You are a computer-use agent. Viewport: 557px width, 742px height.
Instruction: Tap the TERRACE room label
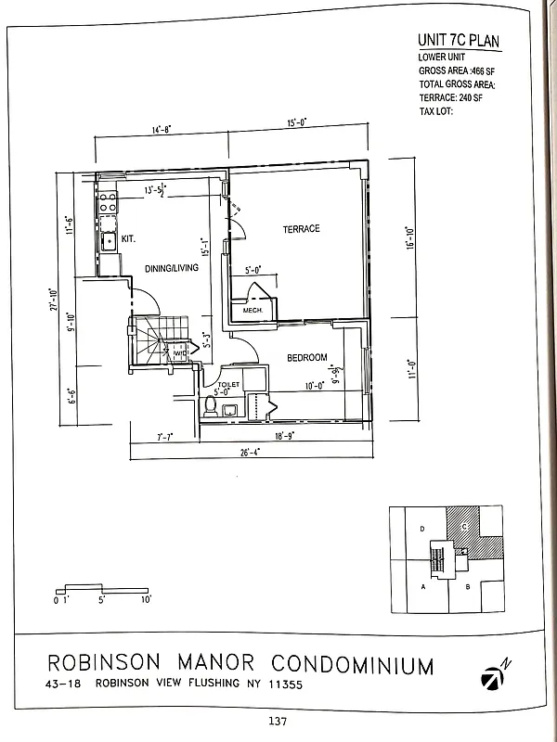coord(301,228)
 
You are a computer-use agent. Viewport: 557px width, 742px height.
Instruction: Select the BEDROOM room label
coord(306,358)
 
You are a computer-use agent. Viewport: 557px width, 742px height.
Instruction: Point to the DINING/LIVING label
coord(171,268)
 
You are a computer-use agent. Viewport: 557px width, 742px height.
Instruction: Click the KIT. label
coord(128,239)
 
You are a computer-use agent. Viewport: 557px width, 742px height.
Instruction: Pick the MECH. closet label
coord(253,311)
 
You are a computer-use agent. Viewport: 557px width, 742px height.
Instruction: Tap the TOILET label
coord(229,384)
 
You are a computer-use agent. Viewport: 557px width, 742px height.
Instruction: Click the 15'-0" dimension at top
coord(297,122)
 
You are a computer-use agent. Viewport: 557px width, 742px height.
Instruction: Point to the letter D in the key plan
coord(422,529)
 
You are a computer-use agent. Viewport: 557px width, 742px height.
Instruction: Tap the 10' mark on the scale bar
coord(145,600)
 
